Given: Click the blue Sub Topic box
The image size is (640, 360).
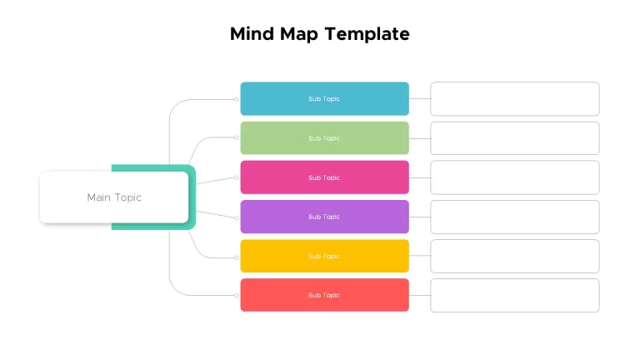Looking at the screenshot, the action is pyautogui.click(x=324, y=99).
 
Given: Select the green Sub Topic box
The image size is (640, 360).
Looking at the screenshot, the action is pyautogui.click(x=324, y=138).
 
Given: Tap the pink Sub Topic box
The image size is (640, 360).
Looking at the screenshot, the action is pyautogui.click(x=324, y=177).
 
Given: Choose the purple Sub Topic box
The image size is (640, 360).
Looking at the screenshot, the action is pyautogui.click(x=324, y=217).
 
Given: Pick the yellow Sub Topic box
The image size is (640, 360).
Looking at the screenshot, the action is pyautogui.click(x=324, y=256).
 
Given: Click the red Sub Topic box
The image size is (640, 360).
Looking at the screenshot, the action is pyautogui.click(x=324, y=295).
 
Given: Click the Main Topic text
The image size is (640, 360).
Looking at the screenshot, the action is pyautogui.click(x=114, y=197).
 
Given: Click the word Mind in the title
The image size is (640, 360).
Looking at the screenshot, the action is pyautogui.click(x=252, y=34).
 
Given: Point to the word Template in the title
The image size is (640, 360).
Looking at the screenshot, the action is pyautogui.click(x=367, y=34).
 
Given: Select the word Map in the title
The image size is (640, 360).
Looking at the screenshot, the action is pyautogui.click(x=299, y=35).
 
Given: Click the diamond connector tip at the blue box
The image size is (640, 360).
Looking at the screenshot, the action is pyautogui.click(x=237, y=100).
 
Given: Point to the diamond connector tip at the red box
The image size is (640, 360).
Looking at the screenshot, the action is pyautogui.click(x=237, y=296).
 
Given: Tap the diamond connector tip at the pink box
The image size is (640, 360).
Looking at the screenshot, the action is pyautogui.click(x=237, y=177).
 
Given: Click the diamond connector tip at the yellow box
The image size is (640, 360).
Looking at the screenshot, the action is pyautogui.click(x=237, y=257).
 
